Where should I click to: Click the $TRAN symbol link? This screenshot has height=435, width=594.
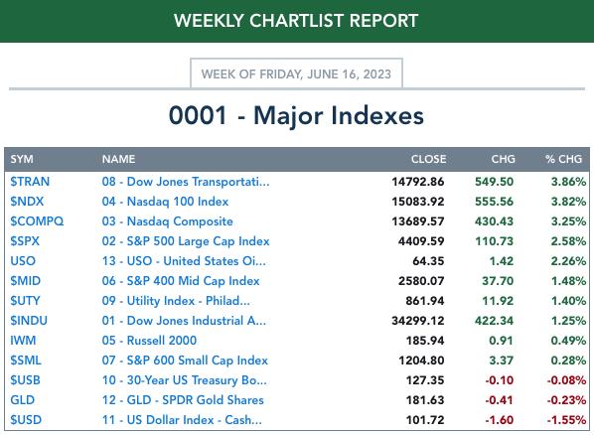(30, 182)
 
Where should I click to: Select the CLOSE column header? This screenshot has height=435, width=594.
(428, 159)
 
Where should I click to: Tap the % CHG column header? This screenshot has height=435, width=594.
(563, 159)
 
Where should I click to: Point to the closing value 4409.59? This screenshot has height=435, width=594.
(421, 241)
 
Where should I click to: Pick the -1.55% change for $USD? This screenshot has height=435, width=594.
(567, 420)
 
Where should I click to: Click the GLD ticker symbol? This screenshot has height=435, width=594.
(23, 400)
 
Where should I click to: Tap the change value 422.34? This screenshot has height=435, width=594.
(494, 321)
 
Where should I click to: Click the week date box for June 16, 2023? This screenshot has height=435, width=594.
(296, 73)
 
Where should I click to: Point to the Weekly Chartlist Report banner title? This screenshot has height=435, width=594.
(296, 21)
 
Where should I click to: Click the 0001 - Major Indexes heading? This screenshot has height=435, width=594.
(296, 115)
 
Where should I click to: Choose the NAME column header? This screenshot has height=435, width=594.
(118, 159)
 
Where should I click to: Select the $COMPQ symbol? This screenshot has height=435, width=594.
(37, 221)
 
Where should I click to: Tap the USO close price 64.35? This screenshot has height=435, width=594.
(428, 261)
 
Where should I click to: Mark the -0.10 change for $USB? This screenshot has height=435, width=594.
(500, 380)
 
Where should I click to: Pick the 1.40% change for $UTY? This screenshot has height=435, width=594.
(568, 301)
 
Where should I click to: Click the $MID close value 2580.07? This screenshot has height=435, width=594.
(421, 281)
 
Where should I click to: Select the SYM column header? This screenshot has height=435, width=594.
(22, 159)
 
